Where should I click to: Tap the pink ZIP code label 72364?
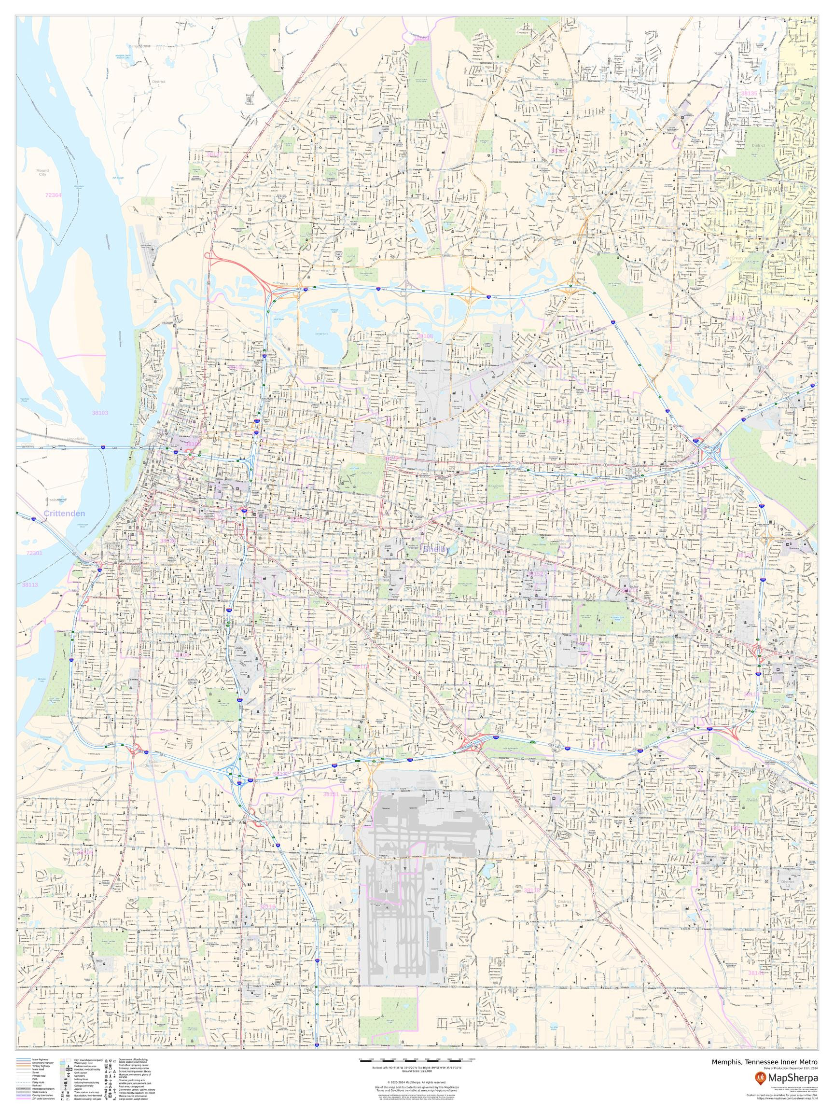click(x=53, y=195)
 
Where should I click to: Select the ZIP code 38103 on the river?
click(x=99, y=412)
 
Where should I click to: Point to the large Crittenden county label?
click(x=64, y=513)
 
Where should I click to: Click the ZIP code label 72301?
click(x=34, y=553)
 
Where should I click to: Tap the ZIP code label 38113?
click(x=30, y=584)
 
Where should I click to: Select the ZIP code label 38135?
click(x=749, y=93)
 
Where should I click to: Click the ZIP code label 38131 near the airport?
click(x=331, y=809)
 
